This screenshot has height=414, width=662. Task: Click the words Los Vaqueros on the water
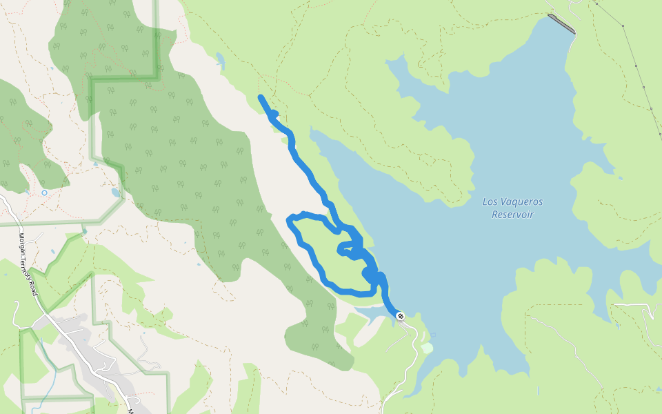coord(512,202)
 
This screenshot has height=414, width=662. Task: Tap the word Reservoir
coord(512,215)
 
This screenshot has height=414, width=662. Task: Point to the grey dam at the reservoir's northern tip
coord(561,23)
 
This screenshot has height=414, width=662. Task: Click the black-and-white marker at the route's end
coord(401,316)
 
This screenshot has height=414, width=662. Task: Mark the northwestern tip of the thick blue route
coord(261,98)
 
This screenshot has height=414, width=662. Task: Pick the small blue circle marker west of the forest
coord(44,193)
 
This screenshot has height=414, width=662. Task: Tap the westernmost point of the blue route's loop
coord(290,220)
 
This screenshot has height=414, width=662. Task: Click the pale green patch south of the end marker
coord(427,348)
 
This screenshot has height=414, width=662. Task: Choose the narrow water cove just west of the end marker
coord(372,315)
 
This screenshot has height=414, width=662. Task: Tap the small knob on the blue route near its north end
coord(274,113)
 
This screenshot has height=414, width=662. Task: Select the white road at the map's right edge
coord(638,305)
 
